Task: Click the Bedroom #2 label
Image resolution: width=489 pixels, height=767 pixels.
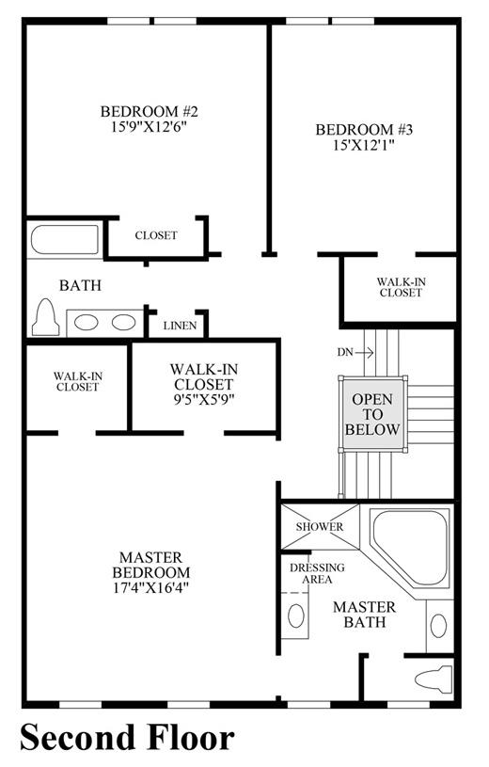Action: point(150,112)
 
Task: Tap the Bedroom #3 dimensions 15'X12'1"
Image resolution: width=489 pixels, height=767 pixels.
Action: point(364,145)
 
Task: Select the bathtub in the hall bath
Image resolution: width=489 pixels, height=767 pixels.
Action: point(65,240)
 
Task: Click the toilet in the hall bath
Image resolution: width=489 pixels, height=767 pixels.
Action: point(45,317)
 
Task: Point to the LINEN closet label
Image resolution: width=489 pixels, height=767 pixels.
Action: point(180,326)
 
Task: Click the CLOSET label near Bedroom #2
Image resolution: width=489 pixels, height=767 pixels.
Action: point(156,235)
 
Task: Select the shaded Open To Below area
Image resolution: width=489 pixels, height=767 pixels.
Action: point(372,414)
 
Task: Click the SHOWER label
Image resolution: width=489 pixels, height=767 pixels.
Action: point(320,527)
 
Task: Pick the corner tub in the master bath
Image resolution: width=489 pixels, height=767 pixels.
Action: point(410,548)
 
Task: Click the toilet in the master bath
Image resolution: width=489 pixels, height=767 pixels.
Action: point(434,679)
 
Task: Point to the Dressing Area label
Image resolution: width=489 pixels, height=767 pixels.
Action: point(317,573)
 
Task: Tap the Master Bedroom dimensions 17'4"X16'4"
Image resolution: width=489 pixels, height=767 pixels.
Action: point(151,587)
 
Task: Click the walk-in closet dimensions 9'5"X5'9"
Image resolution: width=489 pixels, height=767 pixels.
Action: point(204,400)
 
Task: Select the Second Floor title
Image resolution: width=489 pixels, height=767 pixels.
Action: point(127,737)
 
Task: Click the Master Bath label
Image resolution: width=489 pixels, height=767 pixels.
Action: point(364,615)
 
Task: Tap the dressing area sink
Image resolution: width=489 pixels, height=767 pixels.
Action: point(296,615)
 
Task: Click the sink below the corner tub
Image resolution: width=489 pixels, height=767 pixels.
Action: point(438,626)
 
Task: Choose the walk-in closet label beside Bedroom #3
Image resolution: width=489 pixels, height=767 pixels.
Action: point(401,287)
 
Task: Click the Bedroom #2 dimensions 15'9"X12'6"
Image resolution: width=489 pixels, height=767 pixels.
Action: point(150,127)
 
